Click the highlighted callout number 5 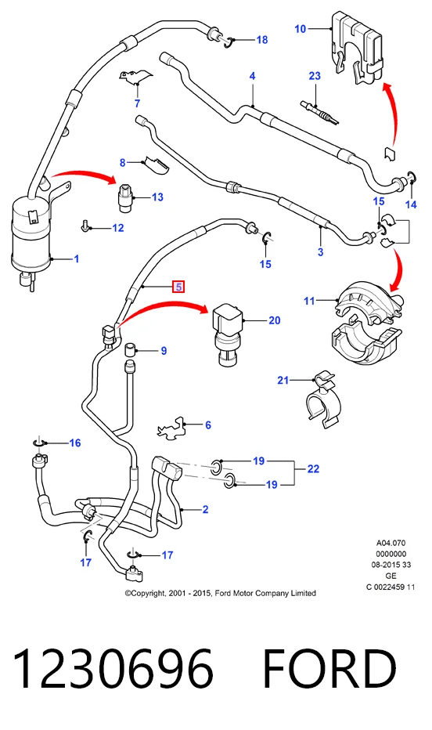click(x=179, y=287)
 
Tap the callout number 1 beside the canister click(x=77, y=258)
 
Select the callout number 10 click(x=301, y=29)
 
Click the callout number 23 click(x=315, y=75)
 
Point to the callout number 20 click(x=275, y=320)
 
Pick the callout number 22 click(x=313, y=469)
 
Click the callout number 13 click(x=157, y=197)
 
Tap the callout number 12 click(x=118, y=228)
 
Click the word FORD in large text click(x=329, y=669)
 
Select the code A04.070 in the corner click(x=391, y=543)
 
